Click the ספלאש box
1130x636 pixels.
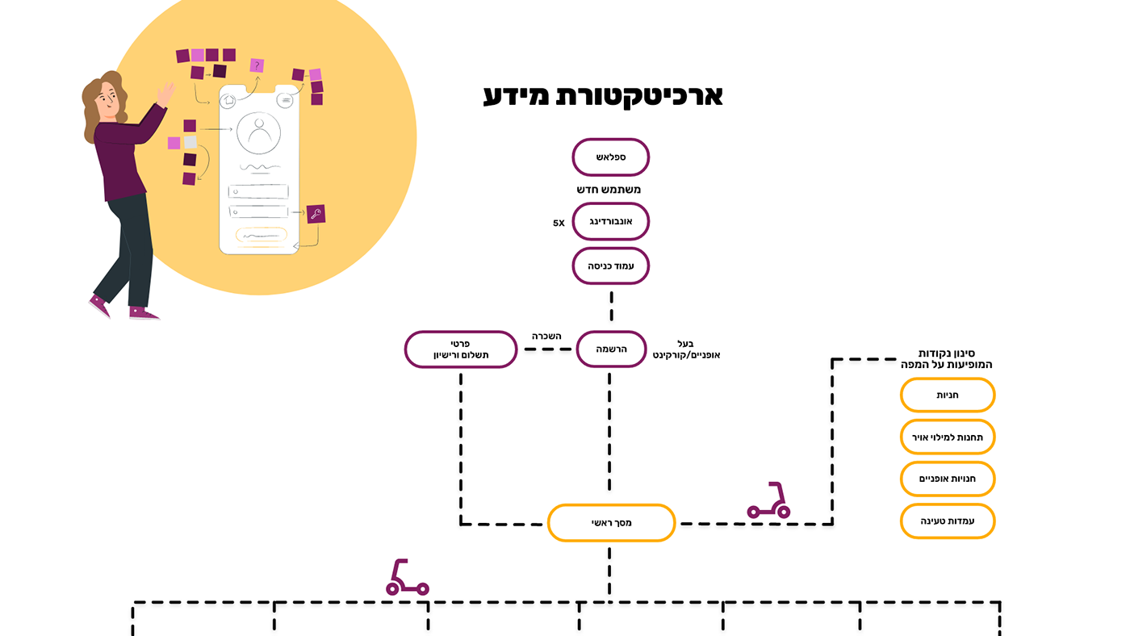pyautogui.click(x=610, y=157)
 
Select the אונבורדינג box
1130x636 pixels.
pyautogui.click(x=610, y=221)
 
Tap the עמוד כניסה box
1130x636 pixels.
pyautogui.click(x=610, y=266)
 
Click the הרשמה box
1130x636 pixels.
pyautogui.click(x=611, y=349)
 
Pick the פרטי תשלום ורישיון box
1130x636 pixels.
pyautogui.click(x=460, y=349)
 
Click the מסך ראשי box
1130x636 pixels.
pyautogui.click(x=611, y=523)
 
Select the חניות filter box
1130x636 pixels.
pyautogui.click(x=947, y=395)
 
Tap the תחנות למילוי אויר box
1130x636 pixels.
pyautogui.click(x=947, y=437)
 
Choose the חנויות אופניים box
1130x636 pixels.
pyautogui.click(x=947, y=479)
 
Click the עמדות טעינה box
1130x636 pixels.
pyautogui.click(x=947, y=521)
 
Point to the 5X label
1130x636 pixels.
pyautogui.click(x=559, y=223)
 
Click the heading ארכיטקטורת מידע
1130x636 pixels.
pyautogui.click(x=602, y=95)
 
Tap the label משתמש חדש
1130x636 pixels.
pyautogui.click(x=609, y=190)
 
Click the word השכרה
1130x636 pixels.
pyautogui.click(x=546, y=336)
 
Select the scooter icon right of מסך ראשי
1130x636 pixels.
pyautogui.click(x=769, y=501)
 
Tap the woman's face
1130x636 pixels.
pyautogui.click(x=107, y=100)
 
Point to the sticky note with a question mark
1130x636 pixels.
pyautogui.click(x=257, y=65)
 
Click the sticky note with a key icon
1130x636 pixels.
pyautogui.click(x=316, y=214)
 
